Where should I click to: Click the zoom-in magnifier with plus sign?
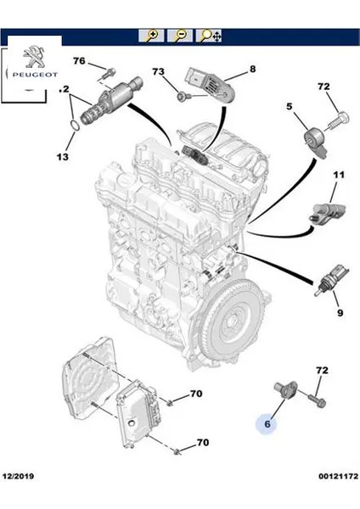tap(152, 36)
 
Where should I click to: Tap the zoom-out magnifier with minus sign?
tap(180, 36)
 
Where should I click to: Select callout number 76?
tap(78, 61)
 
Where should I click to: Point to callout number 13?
tap(62, 157)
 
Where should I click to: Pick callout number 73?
tap(158, 74)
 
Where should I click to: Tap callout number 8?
tap(252, 68)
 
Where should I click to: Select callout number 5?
tap(290, 107)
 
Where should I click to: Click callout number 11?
tap(339, 176)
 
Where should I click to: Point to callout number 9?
tap(339, 312)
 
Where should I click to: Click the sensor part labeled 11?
tap(322, 210)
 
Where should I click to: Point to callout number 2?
tap(64, 89)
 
